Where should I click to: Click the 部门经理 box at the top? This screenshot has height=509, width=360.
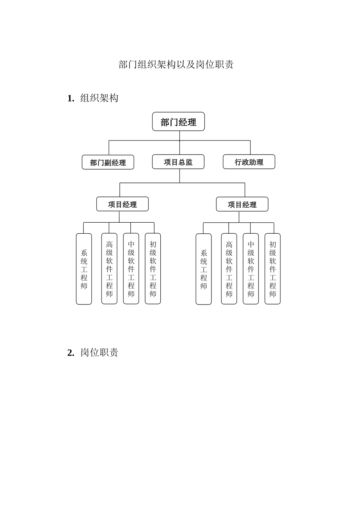click(178, 122)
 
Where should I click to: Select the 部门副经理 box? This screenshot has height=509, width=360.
click(108, 162)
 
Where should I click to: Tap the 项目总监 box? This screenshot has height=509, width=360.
click(178, 162)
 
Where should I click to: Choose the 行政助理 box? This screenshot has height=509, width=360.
click(249, 162)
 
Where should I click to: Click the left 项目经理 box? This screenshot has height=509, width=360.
click(122, 204)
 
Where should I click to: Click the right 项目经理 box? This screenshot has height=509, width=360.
click(242, 205)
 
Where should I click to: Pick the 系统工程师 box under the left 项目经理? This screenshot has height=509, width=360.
click(84, 269)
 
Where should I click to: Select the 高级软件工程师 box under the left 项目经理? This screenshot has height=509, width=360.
click(109, 269)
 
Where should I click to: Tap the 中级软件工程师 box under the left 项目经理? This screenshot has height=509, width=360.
click(131, 269)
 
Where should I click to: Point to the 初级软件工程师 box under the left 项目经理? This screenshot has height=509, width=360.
click(153, 269)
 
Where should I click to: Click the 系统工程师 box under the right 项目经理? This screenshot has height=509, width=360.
click(203, 269)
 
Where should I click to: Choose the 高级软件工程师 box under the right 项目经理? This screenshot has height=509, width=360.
click(229, 269)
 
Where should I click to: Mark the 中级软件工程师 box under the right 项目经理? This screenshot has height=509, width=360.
click(251, 269)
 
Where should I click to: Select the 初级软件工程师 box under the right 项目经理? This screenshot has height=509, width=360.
click(272, 269)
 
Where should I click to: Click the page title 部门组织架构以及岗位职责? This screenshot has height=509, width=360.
click(176, 64)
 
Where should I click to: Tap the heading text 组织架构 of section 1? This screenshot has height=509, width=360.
click(99, 98)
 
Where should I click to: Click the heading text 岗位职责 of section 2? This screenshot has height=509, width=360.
click(99, 353)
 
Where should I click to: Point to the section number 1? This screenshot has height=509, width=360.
click(70, 98)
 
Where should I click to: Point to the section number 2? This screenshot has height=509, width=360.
click(70, 353)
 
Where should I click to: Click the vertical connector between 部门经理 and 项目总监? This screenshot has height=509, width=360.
click(180, 143)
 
